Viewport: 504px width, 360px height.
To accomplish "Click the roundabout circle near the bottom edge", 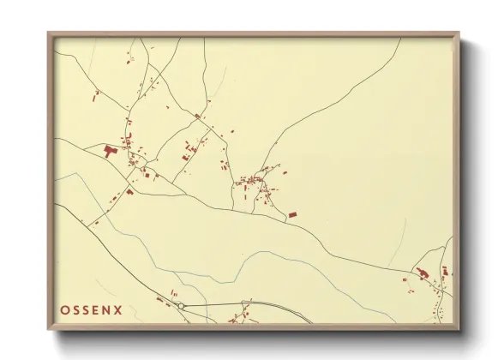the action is coord(182,305).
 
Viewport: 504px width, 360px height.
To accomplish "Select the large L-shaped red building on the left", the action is coord(111,151).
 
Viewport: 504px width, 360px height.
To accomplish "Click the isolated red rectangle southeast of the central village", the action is coord(291,214).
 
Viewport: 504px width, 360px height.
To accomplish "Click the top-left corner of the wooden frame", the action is coord(49,34).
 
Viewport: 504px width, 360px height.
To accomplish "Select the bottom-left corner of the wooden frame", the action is coord(49,328).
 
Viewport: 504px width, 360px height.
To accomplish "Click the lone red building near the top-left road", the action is coord(129,60).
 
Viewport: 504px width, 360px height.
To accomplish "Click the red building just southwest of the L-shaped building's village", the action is coord(129,190).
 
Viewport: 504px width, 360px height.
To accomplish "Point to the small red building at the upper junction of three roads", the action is coord(197,115).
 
